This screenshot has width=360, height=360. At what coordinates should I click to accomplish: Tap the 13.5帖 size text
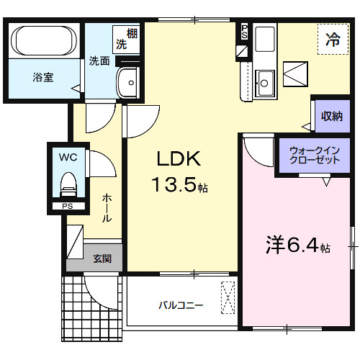coord(179,186)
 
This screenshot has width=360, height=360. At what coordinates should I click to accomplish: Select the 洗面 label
coord(99,62)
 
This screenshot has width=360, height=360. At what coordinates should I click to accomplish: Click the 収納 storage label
coord(331,116)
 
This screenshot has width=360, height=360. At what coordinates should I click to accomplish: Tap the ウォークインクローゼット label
coord(314,156)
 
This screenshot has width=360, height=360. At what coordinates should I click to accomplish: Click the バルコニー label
coord(181,305)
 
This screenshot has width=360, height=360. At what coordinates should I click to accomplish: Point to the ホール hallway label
coord(106,207)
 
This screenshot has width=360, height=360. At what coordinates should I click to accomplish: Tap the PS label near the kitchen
coord(244,31)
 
